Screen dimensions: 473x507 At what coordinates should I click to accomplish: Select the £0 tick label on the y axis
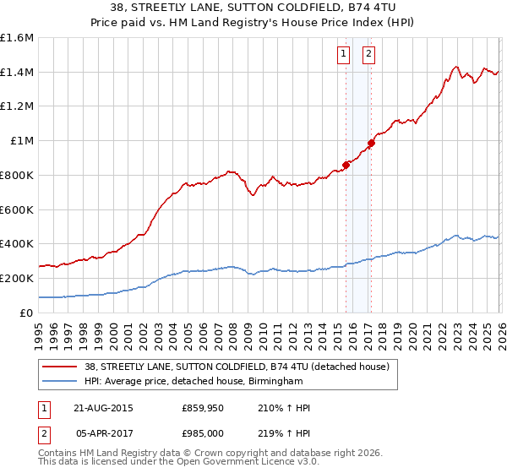point(27,313)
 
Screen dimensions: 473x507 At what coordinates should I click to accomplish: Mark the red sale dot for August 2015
point(346,165)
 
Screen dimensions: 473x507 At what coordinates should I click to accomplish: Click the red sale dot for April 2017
point(370,143)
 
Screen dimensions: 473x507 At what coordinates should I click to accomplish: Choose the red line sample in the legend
point(61,367)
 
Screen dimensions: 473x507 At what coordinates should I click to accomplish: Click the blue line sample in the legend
point(61,382)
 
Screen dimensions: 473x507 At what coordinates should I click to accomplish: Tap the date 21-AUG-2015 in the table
point(103,408)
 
